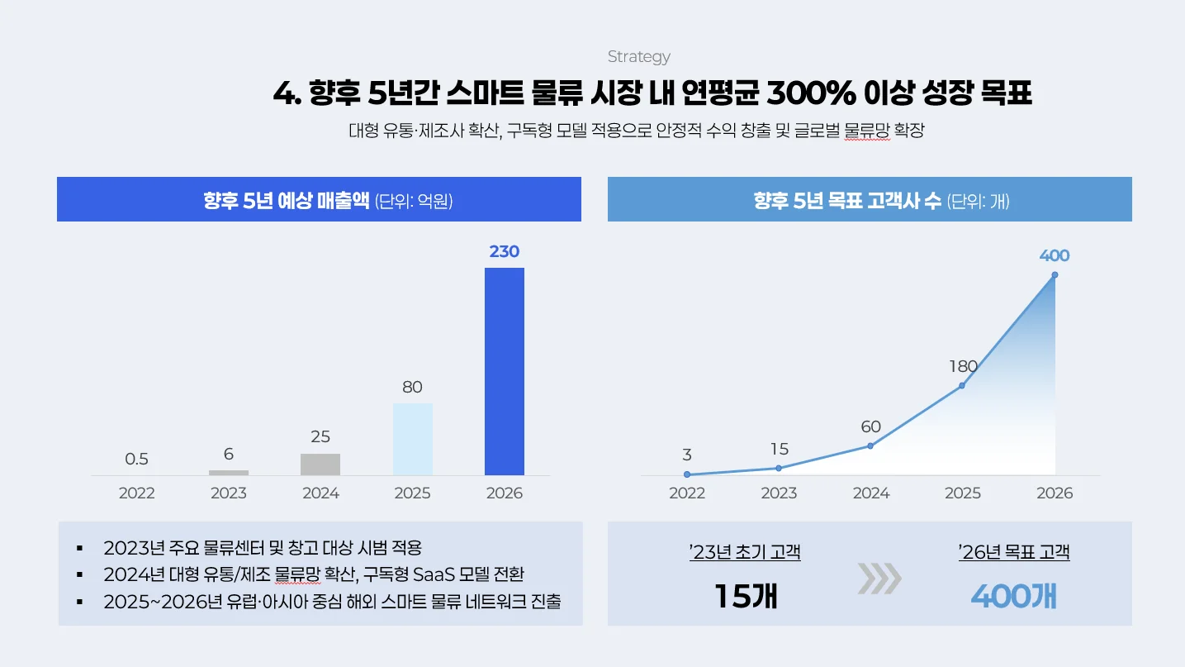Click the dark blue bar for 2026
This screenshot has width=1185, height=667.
(x=504, y=371)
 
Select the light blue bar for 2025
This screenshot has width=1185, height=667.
(x=412, y=439)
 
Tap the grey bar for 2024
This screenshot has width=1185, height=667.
(x=320, y=465)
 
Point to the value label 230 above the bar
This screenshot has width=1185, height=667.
(x=504, y=251)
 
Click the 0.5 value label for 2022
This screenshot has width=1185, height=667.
(x=137, y=459)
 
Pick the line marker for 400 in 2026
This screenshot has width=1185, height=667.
(x=1055, y=275)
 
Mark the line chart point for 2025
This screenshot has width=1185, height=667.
(x=962, y=385)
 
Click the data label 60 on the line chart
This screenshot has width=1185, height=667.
(x=870, y=427)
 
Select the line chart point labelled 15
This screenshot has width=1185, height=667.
(x=779, y=468)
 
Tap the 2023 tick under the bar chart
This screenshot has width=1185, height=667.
(x=229, y=493)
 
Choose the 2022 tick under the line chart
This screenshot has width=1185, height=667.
(x=687, y=493)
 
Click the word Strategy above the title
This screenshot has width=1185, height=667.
(x=638, y=57)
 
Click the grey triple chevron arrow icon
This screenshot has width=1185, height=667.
(x=879, y=579)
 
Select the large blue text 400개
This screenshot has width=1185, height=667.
(x=1013, y=596)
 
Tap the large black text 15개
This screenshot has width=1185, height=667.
(x=745, y=596)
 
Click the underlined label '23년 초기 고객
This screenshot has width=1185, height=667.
(x=745, y=552)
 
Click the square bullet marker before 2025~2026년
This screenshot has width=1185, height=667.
(x=79, y=602)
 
